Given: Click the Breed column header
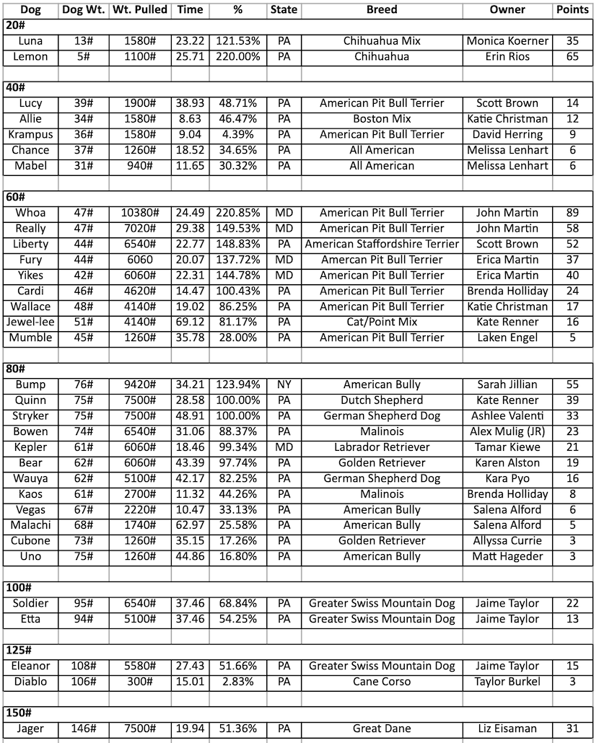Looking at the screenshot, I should [381, 10].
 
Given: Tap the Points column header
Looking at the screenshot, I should [572, 10].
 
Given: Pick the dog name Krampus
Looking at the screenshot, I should [31, 134].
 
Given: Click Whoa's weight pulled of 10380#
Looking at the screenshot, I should [140, 213].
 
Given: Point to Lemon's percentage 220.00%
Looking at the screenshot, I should [238, 56].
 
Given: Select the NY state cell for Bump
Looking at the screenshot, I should [284, 384].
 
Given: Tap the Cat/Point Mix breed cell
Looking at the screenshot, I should [382, 322].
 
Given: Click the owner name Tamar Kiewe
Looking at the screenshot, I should [507, 447].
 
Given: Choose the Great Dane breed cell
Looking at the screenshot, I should [382, 729].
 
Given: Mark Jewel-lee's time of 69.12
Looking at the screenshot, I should [190, 322].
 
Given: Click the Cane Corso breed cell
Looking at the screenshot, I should [382, 682].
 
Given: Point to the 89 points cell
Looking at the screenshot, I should [572, 213].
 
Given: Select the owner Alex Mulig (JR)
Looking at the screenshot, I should [507, 431].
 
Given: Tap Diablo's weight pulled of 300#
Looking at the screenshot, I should [140, 682].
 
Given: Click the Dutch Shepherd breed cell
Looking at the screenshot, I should [382, 400].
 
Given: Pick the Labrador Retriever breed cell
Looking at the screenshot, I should [382, 447].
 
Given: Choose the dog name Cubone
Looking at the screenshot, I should [31, 541].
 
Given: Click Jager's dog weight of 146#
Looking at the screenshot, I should [84, 729].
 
